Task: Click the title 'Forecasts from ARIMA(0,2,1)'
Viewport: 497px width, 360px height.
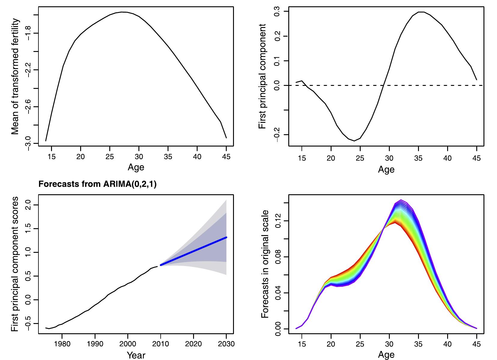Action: tap(98, 184)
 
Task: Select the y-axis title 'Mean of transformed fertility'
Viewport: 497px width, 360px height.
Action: tap(16, 77)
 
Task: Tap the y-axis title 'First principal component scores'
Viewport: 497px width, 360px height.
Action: tap(16, 264)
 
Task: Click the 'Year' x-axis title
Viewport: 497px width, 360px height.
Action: tap(136, 355)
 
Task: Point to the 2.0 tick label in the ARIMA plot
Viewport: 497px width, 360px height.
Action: tap(28, 205)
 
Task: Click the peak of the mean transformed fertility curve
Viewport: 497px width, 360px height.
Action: tap(123, 12)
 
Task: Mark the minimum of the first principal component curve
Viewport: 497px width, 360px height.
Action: tap(354, 141)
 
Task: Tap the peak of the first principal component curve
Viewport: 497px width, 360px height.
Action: tap(421, 12)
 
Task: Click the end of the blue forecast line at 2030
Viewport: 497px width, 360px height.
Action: tap(226, 237)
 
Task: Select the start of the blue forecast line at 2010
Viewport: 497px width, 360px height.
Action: tap(161, 265)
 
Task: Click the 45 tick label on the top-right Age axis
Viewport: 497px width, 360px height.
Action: tap(477, 158)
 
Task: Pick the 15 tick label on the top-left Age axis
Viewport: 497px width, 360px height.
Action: tap(52, 156)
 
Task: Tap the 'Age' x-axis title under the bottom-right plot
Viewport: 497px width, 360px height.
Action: tap(386, 355)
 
